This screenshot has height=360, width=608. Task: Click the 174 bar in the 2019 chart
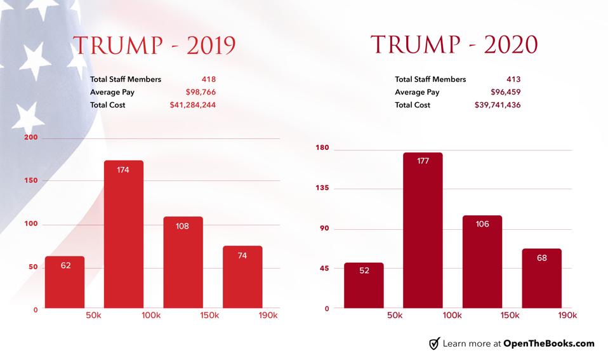pyautogui.click(x=124, y=234)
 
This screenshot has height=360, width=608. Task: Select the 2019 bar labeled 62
pyautogui.click(x=65, y=282)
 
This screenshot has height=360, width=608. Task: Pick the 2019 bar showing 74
pyautogui.click(x=242, y=277)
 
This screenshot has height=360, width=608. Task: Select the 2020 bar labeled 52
pyautogui.click(x=364, y=286)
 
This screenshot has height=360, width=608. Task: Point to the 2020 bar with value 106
pyautogui.click(x=482, y=262)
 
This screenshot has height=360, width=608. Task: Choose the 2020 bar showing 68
pyautogui.click(x=541, y=278)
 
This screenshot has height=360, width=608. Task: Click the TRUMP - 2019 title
pyautogui.click(x=154, y=45)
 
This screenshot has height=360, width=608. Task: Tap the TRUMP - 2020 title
pyautogui.click(x=454, y=44)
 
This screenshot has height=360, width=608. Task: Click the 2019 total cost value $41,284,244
pyautogui.click(x=192, y=105)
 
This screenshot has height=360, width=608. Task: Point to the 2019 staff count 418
pyautogui.click(x=208, y=79)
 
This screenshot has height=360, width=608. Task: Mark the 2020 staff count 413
pyautogui.click(x=513, y=79)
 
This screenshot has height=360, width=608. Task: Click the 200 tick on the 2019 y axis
pyautogui.click(x=31, y=138)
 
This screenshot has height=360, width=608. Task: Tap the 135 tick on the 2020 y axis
pyautogui.click(x=322, y=189)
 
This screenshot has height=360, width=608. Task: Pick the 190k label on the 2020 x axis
pyautogui.click(x=567, y=316)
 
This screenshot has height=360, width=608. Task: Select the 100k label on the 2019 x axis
pyautogui.click(x=150, y=316)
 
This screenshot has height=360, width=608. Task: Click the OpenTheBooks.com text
pyautogui.click(x=548, y=343)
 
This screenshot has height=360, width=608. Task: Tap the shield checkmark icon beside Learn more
pyautogui.click(x=435, y=343)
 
